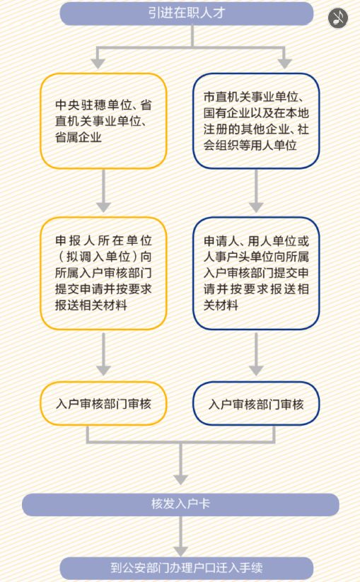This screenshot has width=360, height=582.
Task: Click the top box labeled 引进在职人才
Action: click(187, 13)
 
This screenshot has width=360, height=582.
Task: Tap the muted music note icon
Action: click(338, 18)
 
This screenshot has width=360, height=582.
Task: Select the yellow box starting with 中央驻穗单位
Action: click(103, 121)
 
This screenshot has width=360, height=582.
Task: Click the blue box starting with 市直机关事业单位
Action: click(256, 121)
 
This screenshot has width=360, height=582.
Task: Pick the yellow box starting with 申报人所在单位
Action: click(103, 273)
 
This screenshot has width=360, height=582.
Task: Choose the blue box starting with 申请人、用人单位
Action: click(256, 273)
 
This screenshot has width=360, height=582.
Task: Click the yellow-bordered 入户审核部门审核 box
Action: click(103, 404)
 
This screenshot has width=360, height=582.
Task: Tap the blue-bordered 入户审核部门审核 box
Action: click(256, 404)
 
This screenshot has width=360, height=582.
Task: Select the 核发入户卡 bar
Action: click(181, 504)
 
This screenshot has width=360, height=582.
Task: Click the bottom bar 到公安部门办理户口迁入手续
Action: click(187, 569)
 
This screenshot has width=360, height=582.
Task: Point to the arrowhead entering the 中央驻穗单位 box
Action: click(98, 64)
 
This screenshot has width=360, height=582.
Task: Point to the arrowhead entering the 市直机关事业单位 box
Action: click(284, 64)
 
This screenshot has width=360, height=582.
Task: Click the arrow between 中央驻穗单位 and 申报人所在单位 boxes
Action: click(103, 191)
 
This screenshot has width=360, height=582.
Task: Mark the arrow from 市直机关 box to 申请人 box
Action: click(256, 191)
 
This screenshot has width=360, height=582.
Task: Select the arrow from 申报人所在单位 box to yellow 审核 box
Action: click(103, 354)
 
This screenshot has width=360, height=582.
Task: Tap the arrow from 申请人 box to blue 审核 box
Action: click(256, 354)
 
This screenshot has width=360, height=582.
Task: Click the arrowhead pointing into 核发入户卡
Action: click(181, 479)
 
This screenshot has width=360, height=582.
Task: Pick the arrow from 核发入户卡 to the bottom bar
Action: click(181, 536)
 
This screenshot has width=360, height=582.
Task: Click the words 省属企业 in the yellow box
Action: click(79, 137)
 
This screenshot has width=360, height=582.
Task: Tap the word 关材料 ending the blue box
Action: click(221, 305)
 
